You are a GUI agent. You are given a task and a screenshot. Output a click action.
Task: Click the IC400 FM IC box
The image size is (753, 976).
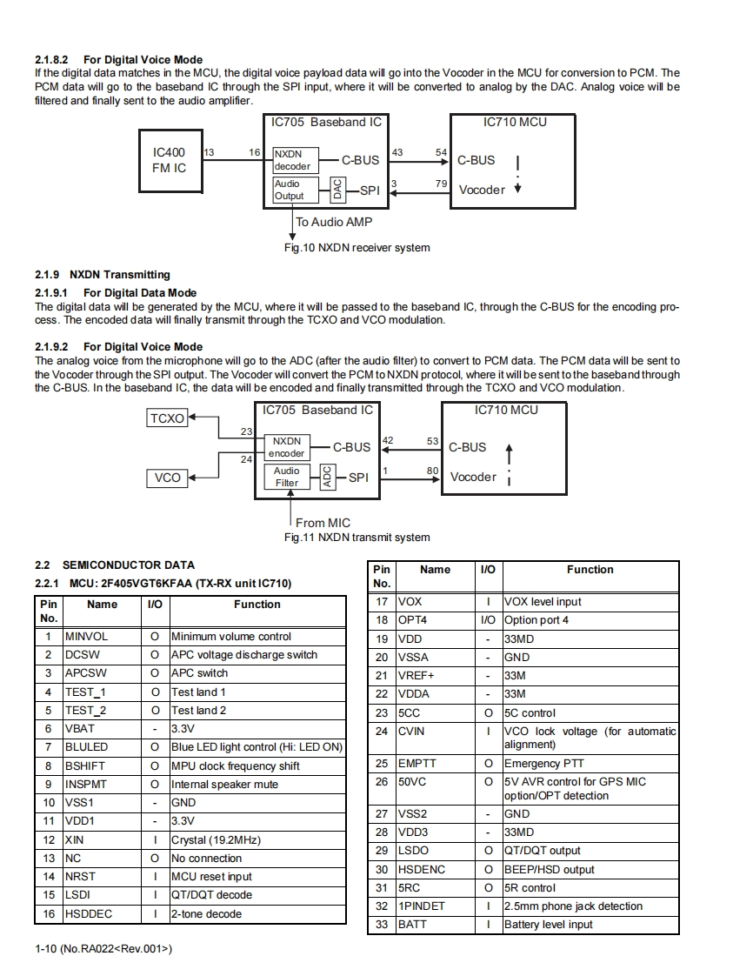(x=170, y=160)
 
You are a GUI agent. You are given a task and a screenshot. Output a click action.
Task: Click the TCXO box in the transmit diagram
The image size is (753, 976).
(x=167, y=418)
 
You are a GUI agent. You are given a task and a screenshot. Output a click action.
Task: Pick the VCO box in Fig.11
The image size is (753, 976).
(x=167, y=477)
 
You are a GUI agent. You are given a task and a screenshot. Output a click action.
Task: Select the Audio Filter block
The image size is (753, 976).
(x=287, y=477)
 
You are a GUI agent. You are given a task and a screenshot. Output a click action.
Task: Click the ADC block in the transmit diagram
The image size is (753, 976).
(x=327, y=477)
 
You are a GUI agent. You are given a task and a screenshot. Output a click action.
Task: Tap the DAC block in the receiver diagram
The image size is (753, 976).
(x=337, y=189)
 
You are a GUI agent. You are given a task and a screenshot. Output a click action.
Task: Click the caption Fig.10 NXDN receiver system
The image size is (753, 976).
(x=357, y=248)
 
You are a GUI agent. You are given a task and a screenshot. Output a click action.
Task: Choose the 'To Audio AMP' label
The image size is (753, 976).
(x=334, y=222)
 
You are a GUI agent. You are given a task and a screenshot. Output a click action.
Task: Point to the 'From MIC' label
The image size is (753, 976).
(x=323, y=523)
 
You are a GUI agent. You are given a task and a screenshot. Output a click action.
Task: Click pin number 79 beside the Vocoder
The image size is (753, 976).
(x=442, y=184)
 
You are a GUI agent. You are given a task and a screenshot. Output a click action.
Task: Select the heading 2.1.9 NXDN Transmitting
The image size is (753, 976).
(x=103, y=275)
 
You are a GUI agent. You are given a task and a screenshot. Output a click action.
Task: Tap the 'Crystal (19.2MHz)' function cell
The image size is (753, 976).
(x=257, y=840)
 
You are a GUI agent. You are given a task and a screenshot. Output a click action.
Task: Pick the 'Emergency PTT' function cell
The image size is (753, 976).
(x=590, y=764)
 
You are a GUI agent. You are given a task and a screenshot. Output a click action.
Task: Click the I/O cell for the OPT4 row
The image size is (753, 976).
(x=488, y=620)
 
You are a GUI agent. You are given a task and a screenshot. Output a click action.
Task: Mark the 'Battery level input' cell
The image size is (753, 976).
(x=590, y=925)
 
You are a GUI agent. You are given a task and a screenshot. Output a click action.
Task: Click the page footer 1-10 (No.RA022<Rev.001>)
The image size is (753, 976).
(x=103, y=949)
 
